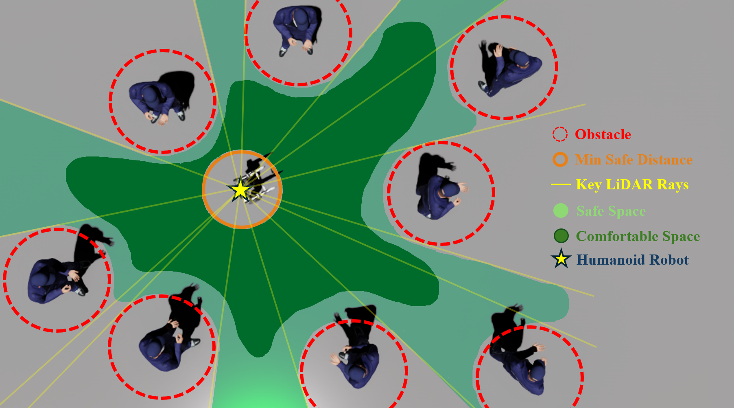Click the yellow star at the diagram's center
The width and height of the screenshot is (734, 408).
pyautogui.click(x=240, y=190)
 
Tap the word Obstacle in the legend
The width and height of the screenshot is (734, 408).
pyautogui.click(x=603, y=134)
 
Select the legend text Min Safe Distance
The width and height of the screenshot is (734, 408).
pyautogui.click(x=634, y=160)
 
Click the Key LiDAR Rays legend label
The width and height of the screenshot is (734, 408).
pyautogui.click(x=632, y=184)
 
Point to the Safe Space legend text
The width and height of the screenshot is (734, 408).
pyautogui.click(x=611, y=211)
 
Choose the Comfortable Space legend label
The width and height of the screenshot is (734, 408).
pyautogui.click(x=638, y=236)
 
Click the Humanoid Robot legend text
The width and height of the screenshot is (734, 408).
pyautogui.click(x=632, y=260)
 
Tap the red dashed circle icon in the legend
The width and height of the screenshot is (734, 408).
pyautogui.click(x=560, y=134)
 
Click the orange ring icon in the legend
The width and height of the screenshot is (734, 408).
pyautogui.click(x=560, y=160)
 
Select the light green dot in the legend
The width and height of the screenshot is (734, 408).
pyautogui.click(x=561, y=211)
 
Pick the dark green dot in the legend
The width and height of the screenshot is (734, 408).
pyautogui.click(x=561, y=236)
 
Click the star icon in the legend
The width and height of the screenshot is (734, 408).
pyautogui.click(x=561, y=259)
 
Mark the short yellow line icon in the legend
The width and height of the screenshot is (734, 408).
pyautogui.click(x=561, y=185)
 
